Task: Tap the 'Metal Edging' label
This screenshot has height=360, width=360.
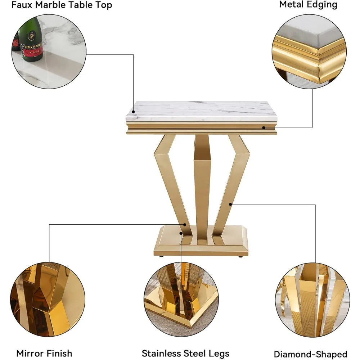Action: pos(308,5)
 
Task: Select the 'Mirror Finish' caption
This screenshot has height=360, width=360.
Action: pos(44,353)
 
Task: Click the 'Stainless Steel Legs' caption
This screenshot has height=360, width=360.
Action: pos(185,353)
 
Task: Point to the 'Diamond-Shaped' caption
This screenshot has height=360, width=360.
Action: pos(310,354)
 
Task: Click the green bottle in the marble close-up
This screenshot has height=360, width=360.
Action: pos(31,40)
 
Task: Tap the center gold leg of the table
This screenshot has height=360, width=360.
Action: pos(202,187)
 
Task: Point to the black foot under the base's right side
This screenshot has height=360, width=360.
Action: pos(240,257)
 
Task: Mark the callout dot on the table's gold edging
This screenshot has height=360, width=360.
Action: pos(264,127)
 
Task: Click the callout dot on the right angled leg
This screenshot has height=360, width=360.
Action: pos(230,204)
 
